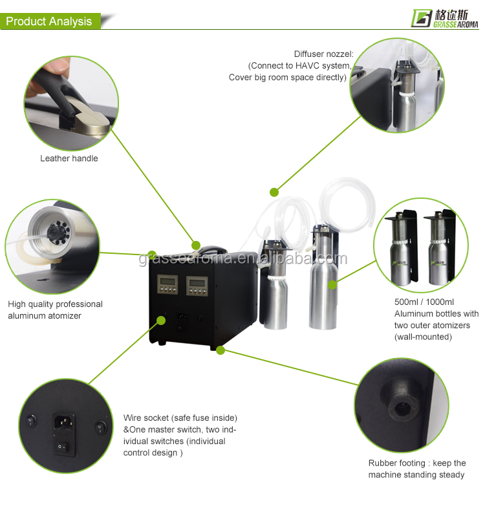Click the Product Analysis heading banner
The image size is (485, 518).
tap(50, 21)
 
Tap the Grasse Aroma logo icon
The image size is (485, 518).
tap(422, 18)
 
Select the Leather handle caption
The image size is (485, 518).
tap(69, 159)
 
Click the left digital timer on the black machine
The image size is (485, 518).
tap(167, 284)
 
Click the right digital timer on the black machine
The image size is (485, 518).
tap(197, 286)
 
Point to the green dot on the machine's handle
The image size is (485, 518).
tap(196, 245)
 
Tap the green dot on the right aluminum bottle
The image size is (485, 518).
tap(332, 285)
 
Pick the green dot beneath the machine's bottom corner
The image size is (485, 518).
tap(221, 350)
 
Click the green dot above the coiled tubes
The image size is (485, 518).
tap(274, 192)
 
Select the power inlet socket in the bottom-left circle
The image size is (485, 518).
tap(63, 423)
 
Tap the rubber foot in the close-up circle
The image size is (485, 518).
tap(400, 402)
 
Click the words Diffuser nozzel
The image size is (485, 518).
tap(324, 54)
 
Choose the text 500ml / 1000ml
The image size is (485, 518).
tap(424, 302)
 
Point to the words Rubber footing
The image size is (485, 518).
tap(397, 463)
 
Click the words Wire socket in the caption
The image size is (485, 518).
tap(146, 418)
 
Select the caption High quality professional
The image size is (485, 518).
tap(55, 304)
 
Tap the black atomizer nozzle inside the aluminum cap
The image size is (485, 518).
tap(53, 232)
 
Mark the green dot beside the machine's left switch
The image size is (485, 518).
tap(161, 321)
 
